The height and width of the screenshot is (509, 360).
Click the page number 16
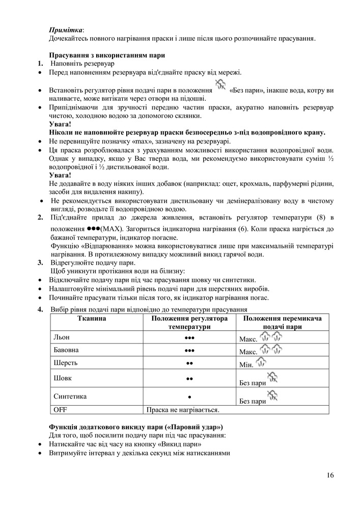click(x=330, y=475)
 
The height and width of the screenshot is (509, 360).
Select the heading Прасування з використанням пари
click(x=106, y=55)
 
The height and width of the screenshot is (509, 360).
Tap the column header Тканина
click(x=92, y=318)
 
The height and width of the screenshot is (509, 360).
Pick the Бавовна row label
click(x=66, y=350)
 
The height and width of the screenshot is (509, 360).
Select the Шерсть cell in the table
click(x=65, y=363)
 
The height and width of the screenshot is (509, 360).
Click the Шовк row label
click(x=63, y=378)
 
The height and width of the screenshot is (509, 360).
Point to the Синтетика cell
click(x=70, y=396)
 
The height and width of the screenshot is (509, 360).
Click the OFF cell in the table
click(x=60, y=409)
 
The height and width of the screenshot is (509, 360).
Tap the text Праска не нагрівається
click(x=182, y=409)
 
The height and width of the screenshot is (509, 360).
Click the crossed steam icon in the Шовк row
click(x=272, y=378)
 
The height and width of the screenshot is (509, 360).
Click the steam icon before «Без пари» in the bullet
click(x=220, y=85)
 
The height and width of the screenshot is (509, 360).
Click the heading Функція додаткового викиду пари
click(x=136, y=426)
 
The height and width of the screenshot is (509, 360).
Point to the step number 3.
click(x=40, y=263)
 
